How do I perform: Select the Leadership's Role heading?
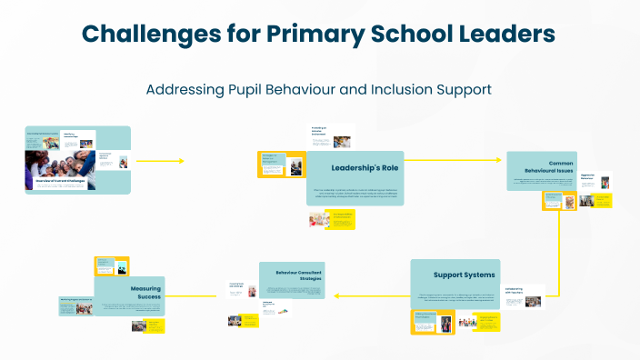[365, 167]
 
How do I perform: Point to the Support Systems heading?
[465, 275]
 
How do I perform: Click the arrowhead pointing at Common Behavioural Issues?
[499, 161]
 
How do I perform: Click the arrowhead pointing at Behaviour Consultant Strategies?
[336, 295]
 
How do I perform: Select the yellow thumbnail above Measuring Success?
[105, 265]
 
